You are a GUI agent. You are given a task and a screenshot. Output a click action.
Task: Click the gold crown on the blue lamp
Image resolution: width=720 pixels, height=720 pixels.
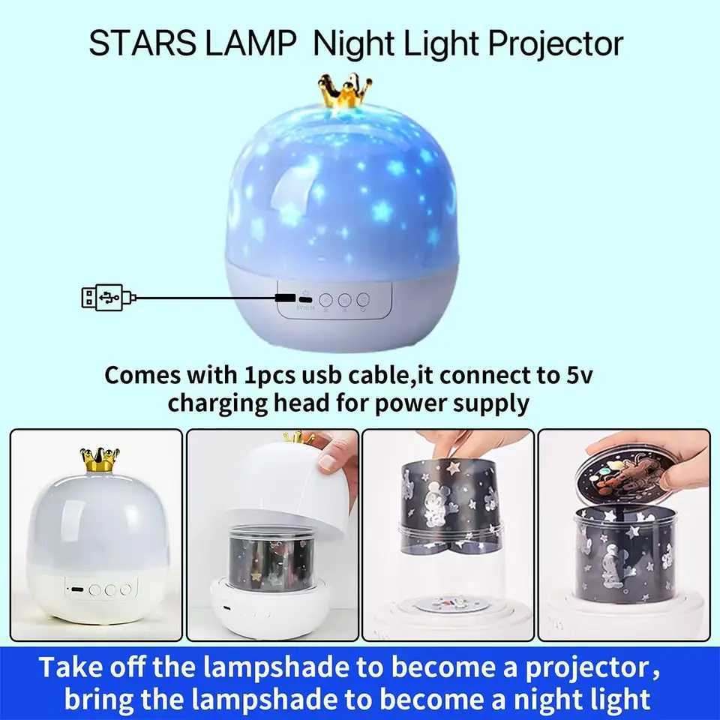pyautogui.click(x=345, y=91)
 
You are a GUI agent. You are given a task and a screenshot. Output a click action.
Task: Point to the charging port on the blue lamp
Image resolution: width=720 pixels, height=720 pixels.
pyautogui.click(x=284, y=297)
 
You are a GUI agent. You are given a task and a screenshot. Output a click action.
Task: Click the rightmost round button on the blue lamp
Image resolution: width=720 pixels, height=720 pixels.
pyautogui.click(x=363, y=299)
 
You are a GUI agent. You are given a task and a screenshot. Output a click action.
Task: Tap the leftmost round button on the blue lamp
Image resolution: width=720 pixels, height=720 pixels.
pyautogui.click(x=325, y=299)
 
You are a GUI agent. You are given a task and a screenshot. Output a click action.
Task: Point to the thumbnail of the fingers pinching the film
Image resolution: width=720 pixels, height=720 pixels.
pyautogui.click(x=448, y=534)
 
